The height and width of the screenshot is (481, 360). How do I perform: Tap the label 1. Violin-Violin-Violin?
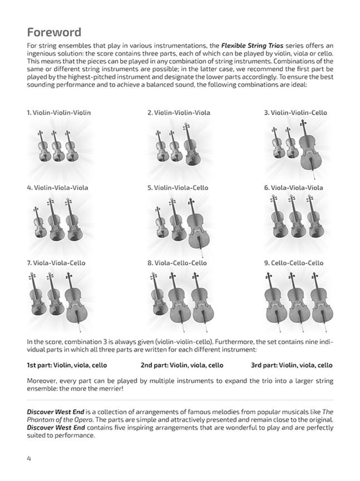[x=58, y=112]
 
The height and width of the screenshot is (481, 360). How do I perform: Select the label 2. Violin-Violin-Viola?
[x=179, y=112]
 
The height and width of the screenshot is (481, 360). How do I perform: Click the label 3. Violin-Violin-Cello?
[x=295, y=112]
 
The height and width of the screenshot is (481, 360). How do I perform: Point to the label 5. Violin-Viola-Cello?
[x=177, y=188]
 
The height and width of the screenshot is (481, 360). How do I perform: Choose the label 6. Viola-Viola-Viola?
[x=293, y=188]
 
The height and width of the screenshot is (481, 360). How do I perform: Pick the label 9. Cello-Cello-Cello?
[x=293, y=263]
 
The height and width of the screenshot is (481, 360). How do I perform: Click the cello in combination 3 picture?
[x=308, y=148]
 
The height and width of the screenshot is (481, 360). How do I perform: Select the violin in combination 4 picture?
[x=38, y=225]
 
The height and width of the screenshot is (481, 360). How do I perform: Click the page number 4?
[x=28, y=458]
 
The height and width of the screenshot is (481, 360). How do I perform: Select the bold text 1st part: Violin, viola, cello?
[x=67, y=365]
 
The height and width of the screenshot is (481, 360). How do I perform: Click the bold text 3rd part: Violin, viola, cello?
[x=292, y=365]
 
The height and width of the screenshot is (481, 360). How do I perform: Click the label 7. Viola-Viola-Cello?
[x=57, y=263]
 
